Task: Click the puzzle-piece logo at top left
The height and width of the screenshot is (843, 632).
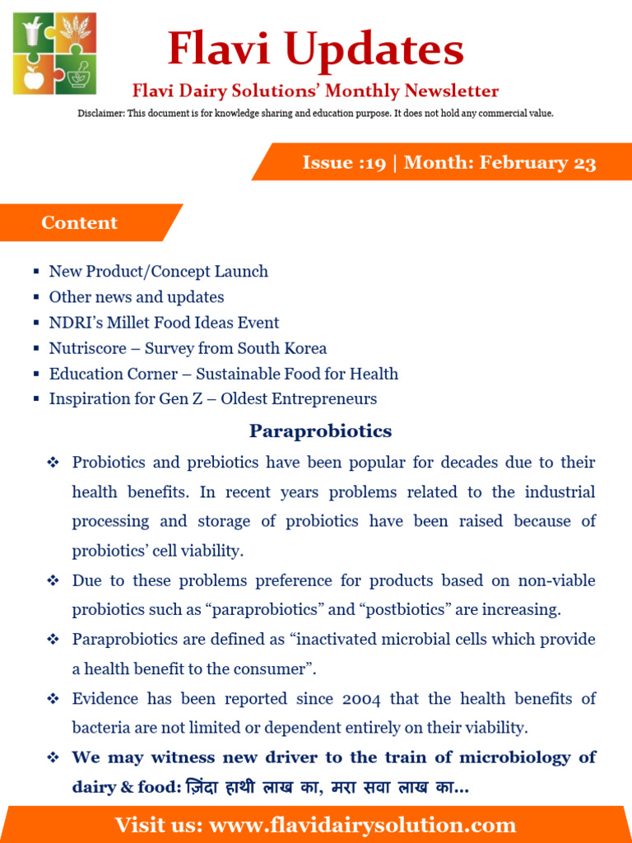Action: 54,54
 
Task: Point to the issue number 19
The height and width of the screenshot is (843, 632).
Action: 374,162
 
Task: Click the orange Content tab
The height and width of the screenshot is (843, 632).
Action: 80,222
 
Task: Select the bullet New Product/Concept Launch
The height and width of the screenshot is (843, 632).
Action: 158,272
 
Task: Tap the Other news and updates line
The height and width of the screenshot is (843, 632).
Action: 137,297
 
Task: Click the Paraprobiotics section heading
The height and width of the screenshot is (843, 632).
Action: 320,431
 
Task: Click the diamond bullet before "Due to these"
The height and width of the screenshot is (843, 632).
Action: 53,581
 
